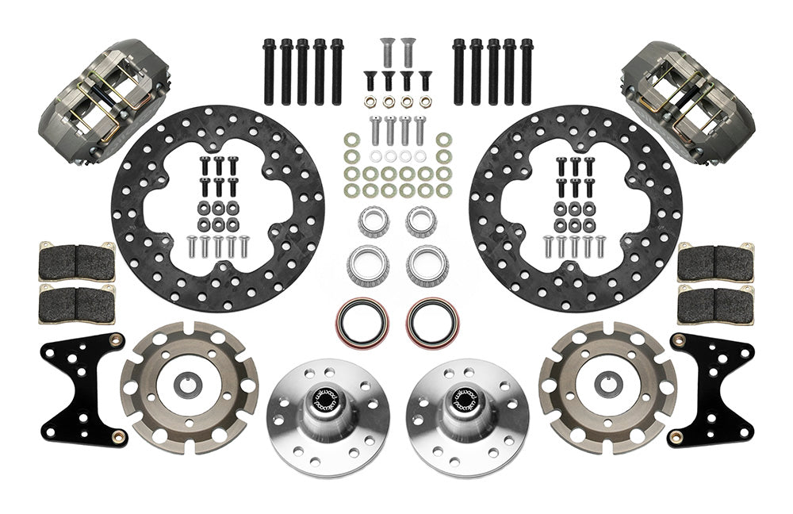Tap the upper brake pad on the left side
pos(76,261)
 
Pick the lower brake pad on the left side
pos(76,303)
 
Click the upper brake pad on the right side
pos(717,261)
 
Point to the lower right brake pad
pos(717,303)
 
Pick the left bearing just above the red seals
pos(367,267)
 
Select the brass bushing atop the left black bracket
pos(118,342)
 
